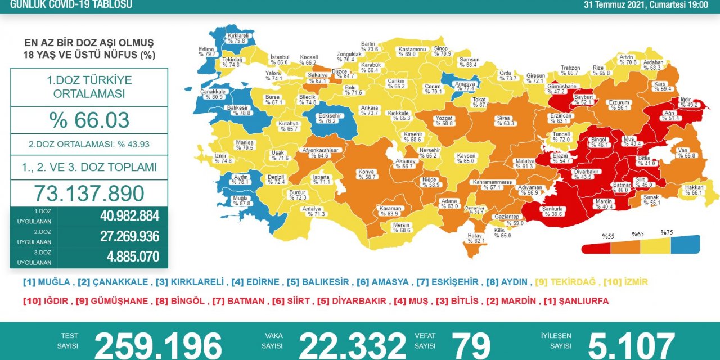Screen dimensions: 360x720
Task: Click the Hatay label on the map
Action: tap(475, 238)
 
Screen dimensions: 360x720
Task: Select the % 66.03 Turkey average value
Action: tap(89, 120)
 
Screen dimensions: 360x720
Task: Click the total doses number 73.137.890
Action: tap(89, 193)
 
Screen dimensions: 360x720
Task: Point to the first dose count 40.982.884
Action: tap(129, 216)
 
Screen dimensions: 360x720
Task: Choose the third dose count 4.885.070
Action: tap(133, 257)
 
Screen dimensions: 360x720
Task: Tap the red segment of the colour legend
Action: tap(596, 247)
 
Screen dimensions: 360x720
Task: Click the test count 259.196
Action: tap(158, 344)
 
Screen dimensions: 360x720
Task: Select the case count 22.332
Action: tap(352, 344)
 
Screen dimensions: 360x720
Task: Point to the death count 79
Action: tap(471, 344)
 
